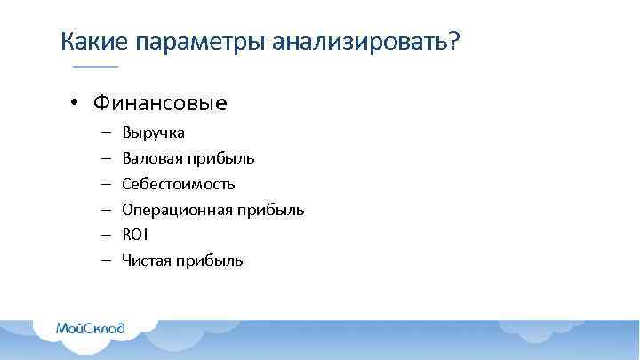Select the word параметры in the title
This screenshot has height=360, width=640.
[x=200, y=42]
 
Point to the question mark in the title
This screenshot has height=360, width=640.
[x=454, y=41]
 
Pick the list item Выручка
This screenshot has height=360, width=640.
[x=154, y=133]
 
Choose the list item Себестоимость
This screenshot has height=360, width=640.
[x=179, y=184]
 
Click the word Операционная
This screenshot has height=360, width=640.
[x=177, y=210]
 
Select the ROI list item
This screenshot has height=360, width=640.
[x=135, y=236]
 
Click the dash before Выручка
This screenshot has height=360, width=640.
[x=105, y=133]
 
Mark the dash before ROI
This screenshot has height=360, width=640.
[x=105, y=236]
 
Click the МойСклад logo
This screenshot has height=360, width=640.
[x=91, y=328]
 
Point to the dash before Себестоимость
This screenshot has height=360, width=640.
[x=105, y=184]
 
